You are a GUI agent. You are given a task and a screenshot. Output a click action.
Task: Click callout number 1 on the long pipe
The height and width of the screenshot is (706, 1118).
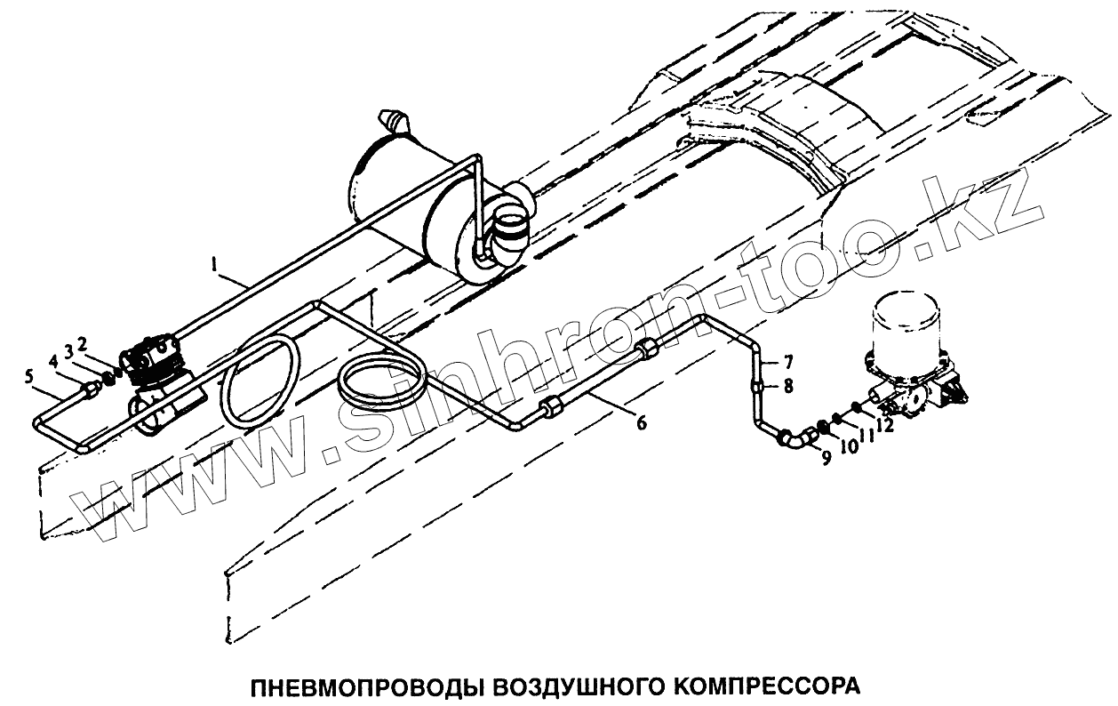[213, 264]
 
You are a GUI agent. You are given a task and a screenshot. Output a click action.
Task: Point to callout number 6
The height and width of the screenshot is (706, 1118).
[641, 423]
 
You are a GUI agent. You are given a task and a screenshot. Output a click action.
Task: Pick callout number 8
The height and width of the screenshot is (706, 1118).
[787, 387]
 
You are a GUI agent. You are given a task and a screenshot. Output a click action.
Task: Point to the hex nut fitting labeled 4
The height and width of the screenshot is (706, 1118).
[91, 389]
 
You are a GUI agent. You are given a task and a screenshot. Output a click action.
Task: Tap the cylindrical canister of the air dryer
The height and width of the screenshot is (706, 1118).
[909, 325]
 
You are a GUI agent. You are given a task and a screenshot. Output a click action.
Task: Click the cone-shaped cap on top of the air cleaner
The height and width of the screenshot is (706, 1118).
[394, 118]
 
